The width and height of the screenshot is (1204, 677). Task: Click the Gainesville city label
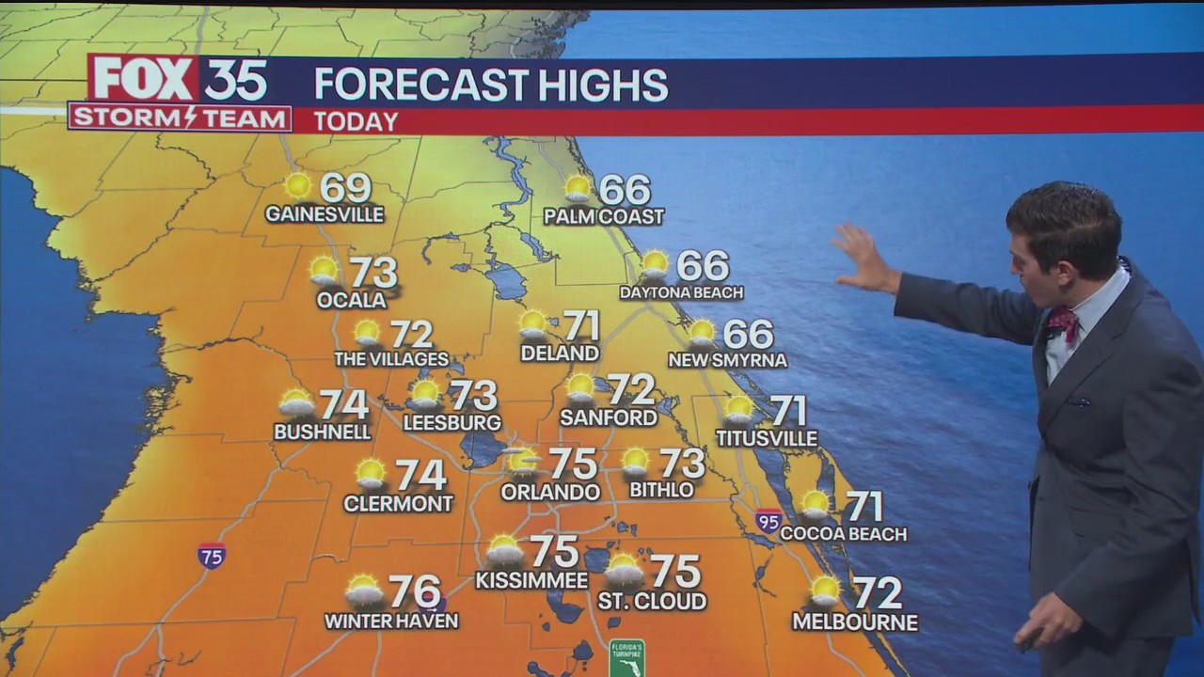coord(325,214)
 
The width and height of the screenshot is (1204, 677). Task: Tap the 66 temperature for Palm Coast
coord(625,190)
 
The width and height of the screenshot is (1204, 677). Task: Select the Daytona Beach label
coord(681,292)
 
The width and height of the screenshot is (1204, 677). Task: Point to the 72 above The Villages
coord(411,334)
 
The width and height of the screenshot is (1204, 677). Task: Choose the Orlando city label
coord(550,492)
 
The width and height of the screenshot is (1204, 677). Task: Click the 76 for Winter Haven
coord(415,591)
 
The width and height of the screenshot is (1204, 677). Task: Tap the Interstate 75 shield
coord(212,556)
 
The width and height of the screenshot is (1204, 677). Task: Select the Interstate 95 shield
coord(768,520)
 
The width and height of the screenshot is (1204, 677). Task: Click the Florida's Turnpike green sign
coord(626,657)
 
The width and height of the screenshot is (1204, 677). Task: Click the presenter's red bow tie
coord(1063,322)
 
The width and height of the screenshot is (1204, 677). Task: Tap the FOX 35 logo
coord(180,79)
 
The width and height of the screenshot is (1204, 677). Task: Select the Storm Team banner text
coord(180,118)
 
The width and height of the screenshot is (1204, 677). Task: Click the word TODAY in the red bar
coord(356,121)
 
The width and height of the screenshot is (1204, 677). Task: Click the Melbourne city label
coord(855,622)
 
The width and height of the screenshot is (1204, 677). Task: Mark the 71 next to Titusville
coord(788,411)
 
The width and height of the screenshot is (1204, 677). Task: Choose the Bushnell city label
coord(323,432)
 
